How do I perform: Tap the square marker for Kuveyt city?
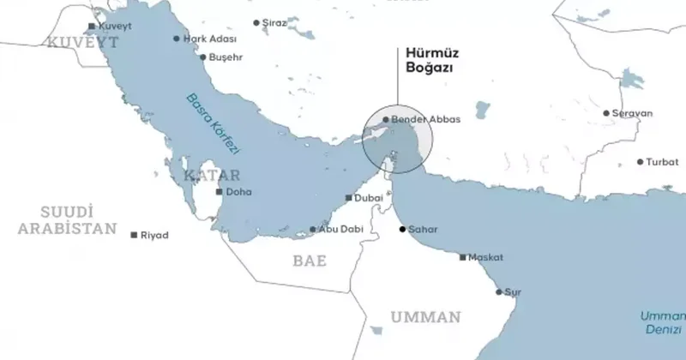[91, 27]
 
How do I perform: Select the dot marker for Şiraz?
[256, 23]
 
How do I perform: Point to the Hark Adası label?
[209, 39]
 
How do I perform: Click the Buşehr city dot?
[202, 57]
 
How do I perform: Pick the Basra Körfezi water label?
[214, 123]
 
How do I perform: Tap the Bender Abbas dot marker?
[386, 119]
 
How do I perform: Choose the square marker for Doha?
[220, 192]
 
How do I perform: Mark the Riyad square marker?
[134, 235]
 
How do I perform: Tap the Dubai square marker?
[347, 198]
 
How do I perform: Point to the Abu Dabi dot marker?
[313, 230]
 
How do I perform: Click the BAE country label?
[310, 261]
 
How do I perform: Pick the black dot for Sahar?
[402, 230]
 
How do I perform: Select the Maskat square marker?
[463, 257]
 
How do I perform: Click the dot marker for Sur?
[499, 291]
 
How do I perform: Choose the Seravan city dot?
[606, 113]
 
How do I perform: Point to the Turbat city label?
[662, 162]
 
